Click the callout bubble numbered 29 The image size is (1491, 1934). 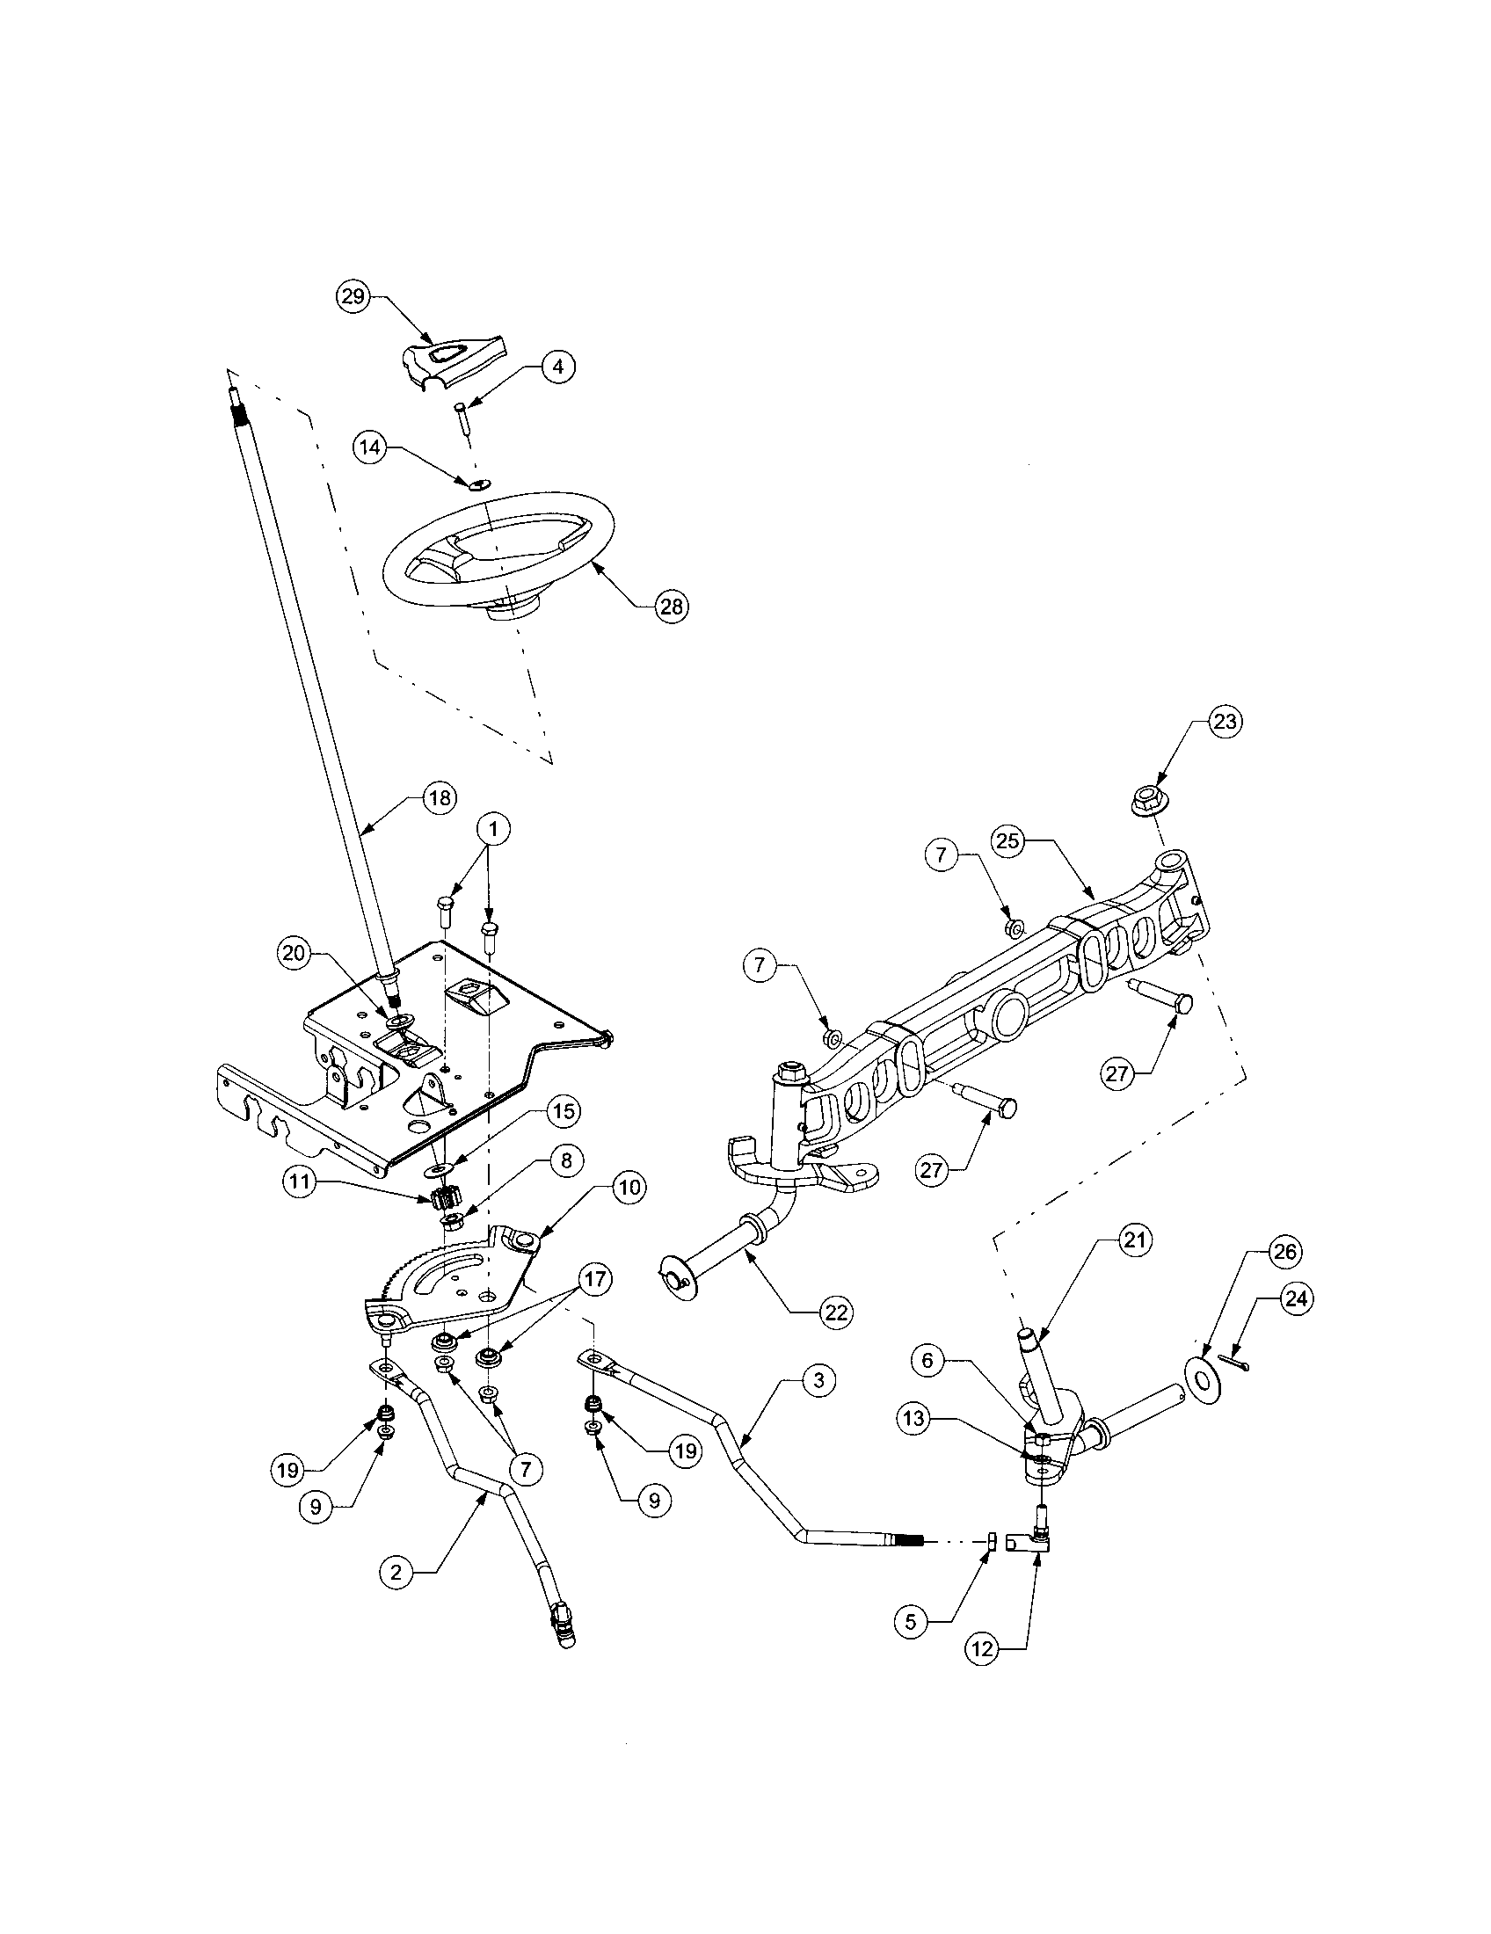[353, 296]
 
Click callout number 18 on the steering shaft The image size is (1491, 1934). [439, 798]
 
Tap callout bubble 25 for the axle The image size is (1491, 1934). [1009, 840]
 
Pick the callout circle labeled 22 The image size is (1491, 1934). [836, 1312]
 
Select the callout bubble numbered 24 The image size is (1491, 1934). [1294, 1300]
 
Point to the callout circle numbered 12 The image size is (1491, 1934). [985, 1649]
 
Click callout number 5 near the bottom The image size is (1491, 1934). [912, 1620]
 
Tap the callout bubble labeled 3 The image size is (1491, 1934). [818, 1379]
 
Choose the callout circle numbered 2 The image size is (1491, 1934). [396, 1572]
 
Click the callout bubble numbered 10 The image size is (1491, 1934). [628, 1188]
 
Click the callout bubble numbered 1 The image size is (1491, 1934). [494, 830]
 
